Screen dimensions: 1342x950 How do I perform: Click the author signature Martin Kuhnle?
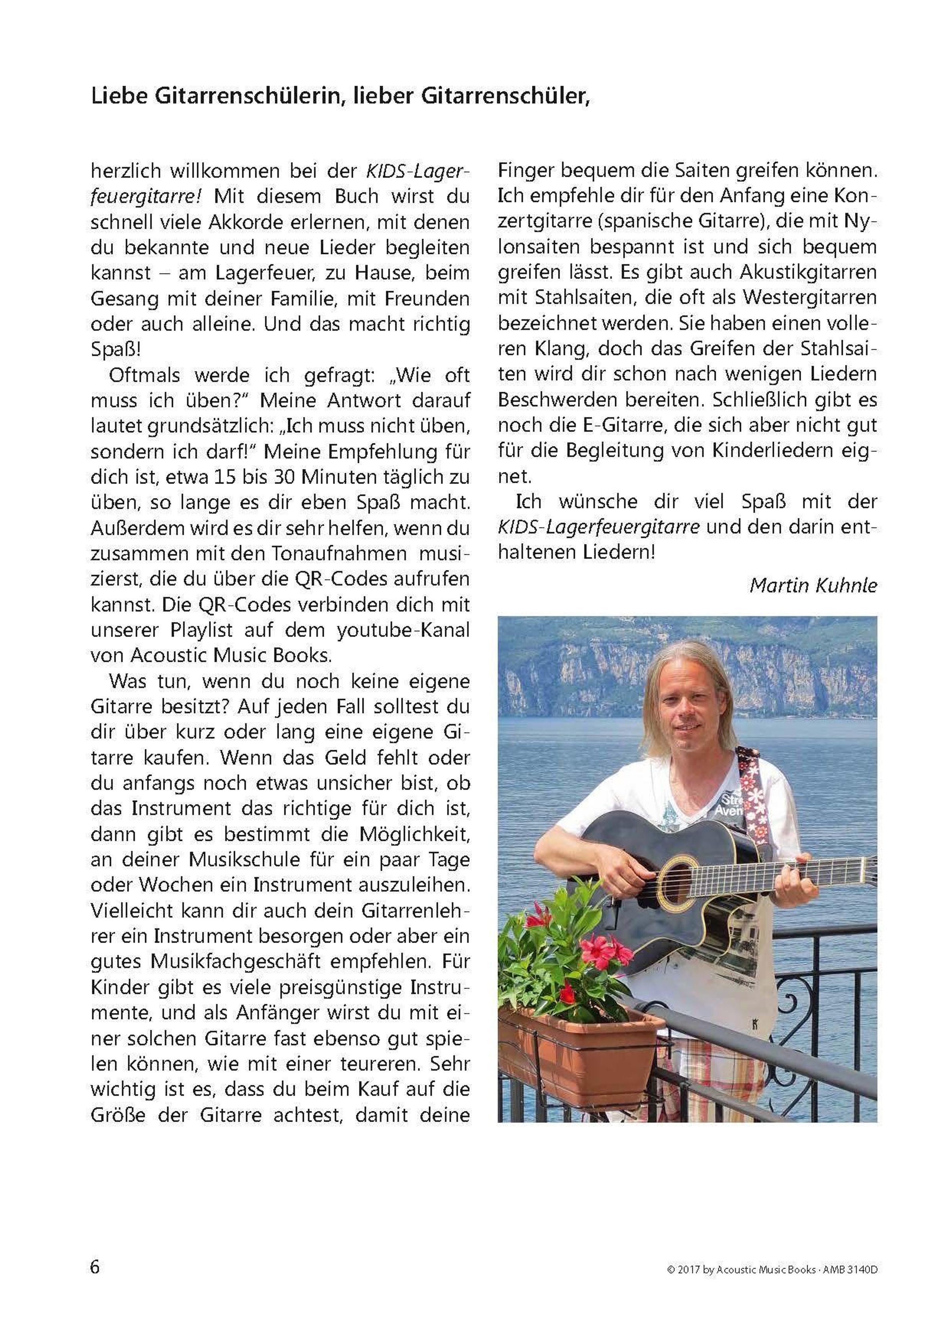813,585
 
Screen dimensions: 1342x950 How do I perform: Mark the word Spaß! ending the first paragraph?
115,350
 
